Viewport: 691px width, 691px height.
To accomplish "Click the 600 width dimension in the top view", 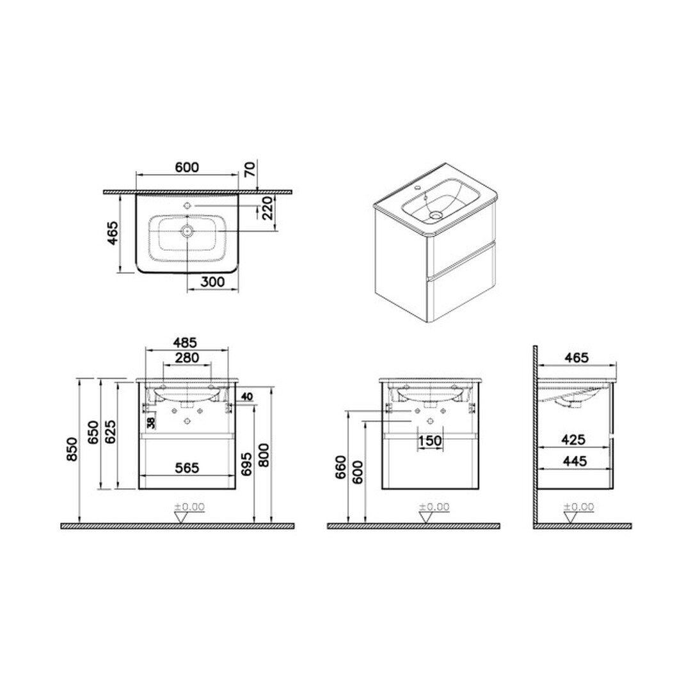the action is point(187,168).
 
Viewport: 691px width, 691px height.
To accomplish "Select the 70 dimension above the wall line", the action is point(250,169).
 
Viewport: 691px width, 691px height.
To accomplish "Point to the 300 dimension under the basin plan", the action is point(212,282).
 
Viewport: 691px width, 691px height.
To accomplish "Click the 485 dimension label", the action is point(185,342).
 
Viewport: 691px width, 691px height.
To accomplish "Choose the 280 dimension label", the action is point(187,358).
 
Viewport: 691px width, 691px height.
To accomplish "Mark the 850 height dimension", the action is point(72,450).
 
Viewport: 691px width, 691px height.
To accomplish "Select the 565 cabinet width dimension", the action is point(187,468).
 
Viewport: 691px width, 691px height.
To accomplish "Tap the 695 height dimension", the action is point(247,464).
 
